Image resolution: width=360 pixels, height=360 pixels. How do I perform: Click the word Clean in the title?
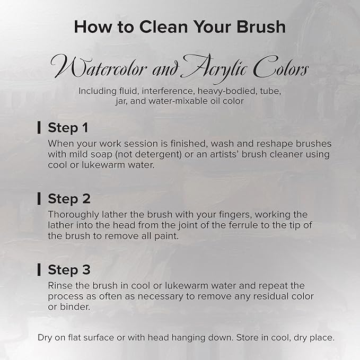point(163,27)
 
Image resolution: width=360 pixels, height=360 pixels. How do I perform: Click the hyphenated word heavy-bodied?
point(227,91)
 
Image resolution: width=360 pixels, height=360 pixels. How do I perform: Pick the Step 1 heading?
point(68,128)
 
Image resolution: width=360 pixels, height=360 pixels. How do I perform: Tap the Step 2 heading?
point(69,199)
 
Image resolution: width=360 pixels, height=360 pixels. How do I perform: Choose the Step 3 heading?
point(69,269)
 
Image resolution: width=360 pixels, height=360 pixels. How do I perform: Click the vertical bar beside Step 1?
point(39,127)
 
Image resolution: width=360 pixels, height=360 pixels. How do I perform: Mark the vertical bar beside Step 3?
point(39,269)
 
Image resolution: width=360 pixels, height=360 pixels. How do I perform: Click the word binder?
point(75,307)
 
